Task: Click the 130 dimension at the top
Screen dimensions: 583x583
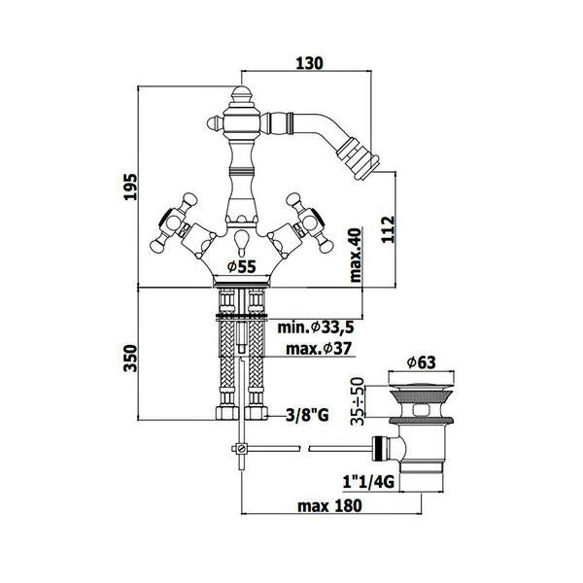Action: coord(309,63)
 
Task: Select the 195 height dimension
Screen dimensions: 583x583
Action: coord(130,187)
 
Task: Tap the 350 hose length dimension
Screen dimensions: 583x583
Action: coord(130,358)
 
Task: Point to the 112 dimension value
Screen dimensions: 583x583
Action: coord(388,229)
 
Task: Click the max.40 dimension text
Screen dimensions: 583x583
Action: coord(355,255)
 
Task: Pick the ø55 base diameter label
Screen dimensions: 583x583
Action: coord(242,266)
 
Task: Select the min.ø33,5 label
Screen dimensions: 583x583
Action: coord(316,327)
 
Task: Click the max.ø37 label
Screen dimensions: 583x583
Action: coord(319,349)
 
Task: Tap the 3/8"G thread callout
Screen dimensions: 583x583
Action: coord(307,415)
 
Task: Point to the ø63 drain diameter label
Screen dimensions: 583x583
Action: coord(421,362)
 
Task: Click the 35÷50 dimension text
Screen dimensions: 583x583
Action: coord(358,400)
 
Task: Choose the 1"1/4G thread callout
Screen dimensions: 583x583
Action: coord(368,482)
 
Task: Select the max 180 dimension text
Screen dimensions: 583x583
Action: coord(329,505)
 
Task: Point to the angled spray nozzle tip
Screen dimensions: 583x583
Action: coord(358,158)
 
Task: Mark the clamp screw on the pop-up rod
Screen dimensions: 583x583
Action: coord(242,448)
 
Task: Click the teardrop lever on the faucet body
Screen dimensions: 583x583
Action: coord(242,242)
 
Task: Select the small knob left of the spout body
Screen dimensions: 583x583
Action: coord(215,122)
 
